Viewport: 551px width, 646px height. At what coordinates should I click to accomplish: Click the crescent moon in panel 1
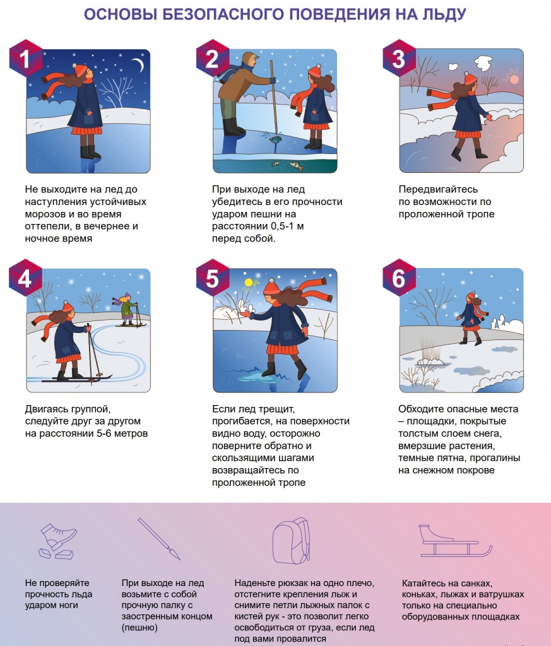tap(139, 65)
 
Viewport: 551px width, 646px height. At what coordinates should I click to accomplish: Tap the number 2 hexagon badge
tap(212, 58)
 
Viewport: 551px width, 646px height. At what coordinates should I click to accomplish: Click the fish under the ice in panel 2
tap(296, 166)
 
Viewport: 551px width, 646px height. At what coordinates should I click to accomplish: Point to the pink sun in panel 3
tap(514, 79)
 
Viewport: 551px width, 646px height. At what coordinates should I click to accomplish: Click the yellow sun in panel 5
tap(248, 283)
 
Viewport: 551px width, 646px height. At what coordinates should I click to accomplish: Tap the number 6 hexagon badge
tap(399, 278)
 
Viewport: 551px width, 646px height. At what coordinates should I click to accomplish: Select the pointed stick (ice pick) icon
tap(159, 539)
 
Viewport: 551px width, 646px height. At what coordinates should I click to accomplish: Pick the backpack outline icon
tap(291, 541)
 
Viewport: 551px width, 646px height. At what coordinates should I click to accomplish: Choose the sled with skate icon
tap(456, 541)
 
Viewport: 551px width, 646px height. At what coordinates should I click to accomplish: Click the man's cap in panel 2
tap(250, 56)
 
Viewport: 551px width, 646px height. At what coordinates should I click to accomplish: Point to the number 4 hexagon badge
tap(25, 278)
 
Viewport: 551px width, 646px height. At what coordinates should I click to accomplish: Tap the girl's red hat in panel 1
tap(80, 69)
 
